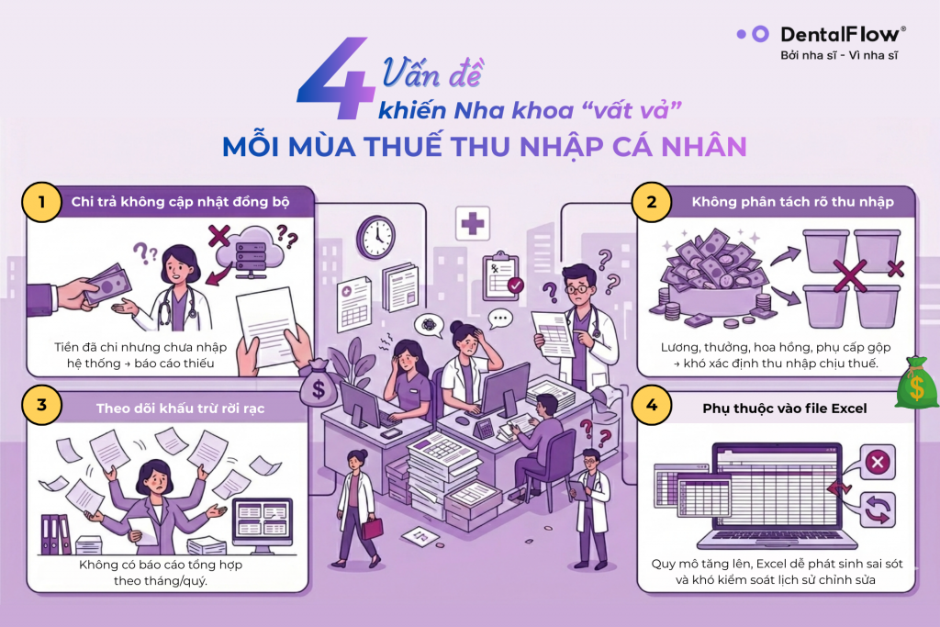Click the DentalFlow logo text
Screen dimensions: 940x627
coord(843,34)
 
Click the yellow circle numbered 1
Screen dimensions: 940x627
coord(41,202)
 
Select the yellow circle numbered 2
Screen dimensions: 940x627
coord(652,202)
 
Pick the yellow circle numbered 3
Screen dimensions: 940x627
coord(41,405)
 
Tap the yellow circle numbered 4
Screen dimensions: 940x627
coord(652,405)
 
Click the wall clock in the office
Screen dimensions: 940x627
coord(375,238)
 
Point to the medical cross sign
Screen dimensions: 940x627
coord(473,224)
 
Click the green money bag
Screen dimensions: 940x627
coord(917,383)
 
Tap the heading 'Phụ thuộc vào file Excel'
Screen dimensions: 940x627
coord(784,409)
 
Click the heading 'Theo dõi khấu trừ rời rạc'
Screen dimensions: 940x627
coord(180,409)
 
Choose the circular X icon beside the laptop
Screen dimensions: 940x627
coord(878,462)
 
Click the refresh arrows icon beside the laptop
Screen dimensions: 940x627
coord(878,509)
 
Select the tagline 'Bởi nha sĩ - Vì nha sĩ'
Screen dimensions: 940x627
coord(839,56)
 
